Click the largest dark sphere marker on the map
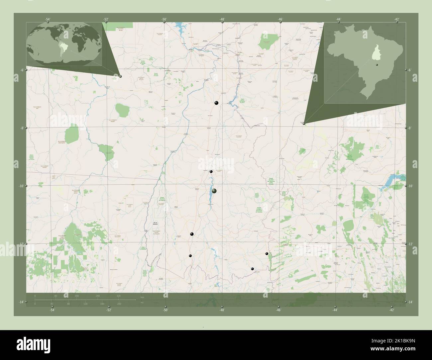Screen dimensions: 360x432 (x=214, y=191)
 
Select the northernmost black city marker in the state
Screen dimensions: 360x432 (x=216, y=103)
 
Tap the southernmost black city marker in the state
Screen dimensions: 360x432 (x=252, y=269)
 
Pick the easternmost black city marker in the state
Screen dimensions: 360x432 (x=267, y=254)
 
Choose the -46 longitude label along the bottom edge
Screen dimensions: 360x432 (x=278, y=310)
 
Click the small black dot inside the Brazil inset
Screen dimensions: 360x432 (x=377, y=65)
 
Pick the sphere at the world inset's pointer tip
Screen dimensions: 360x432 (x=120, y=76)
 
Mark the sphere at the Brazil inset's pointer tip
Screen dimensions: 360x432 (x=304, y=123)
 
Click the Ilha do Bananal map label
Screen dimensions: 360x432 (x=153, y=224)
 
